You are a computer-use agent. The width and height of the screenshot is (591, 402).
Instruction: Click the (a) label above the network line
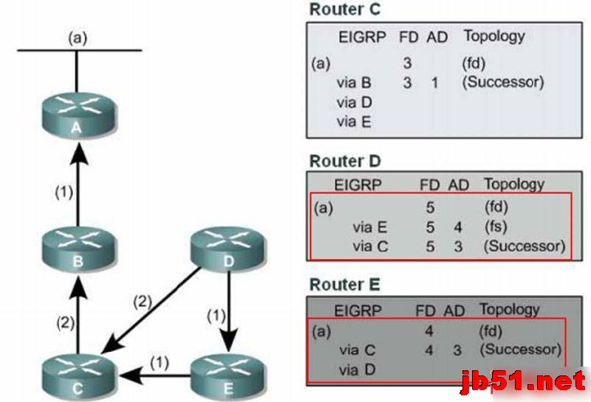77,37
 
